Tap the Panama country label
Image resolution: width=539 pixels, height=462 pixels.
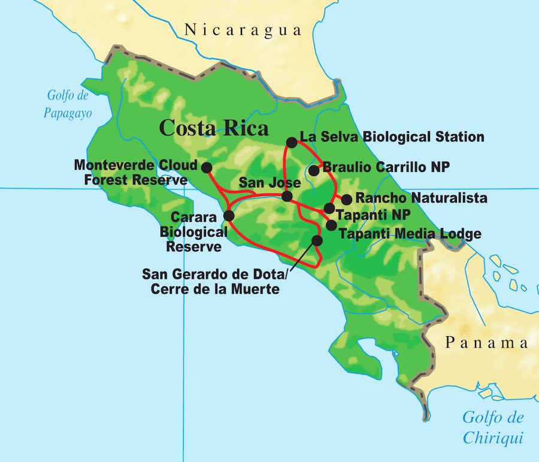(487, 343)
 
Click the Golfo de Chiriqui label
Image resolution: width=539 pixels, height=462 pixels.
(492, 427)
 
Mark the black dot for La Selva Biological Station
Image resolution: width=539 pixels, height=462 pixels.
(292, 143)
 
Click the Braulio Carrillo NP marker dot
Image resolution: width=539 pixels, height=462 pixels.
(314, 170)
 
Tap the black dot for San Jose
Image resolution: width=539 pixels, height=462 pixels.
(287, 197)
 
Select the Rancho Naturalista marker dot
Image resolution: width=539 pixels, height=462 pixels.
(346, 199)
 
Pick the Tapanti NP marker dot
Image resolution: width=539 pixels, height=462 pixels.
(329, 209)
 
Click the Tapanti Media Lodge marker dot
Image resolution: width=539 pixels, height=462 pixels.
(331, 225)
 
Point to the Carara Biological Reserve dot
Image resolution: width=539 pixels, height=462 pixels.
(228, 216)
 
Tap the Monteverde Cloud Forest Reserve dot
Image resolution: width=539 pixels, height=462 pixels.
(207, 167)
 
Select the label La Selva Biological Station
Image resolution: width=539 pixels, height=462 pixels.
(392, 137)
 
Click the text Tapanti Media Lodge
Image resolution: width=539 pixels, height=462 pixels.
(410, 234)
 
